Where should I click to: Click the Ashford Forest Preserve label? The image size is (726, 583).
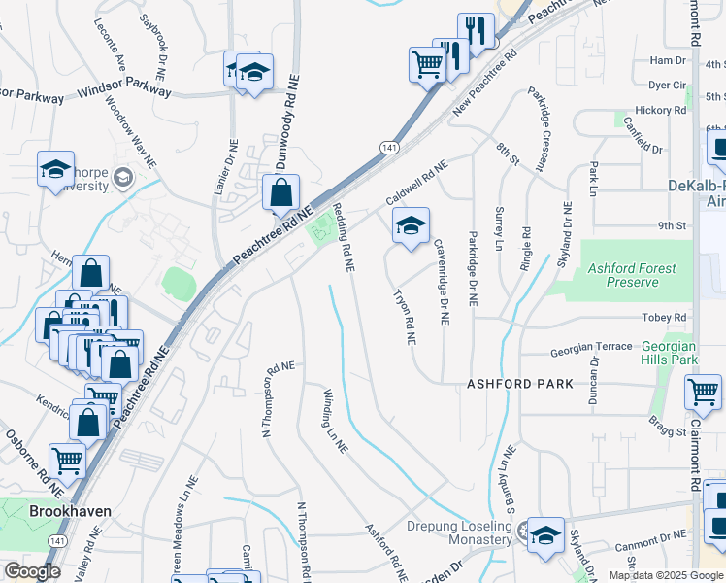(x=631, y=275)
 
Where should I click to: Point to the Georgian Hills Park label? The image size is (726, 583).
(x=670, y=353)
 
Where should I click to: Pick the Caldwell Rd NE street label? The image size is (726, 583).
(x=417, y=181)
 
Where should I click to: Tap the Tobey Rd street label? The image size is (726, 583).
(x=664, y=318)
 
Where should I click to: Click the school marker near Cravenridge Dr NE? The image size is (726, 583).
(x=411, y=228)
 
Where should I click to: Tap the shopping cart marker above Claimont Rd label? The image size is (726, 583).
(x=703, y=392)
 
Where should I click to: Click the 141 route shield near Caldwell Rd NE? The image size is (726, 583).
(x=389, y=147)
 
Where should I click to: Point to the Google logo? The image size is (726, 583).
(x=32, y=571)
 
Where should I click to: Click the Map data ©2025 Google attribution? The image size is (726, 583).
(x=666, y=575)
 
